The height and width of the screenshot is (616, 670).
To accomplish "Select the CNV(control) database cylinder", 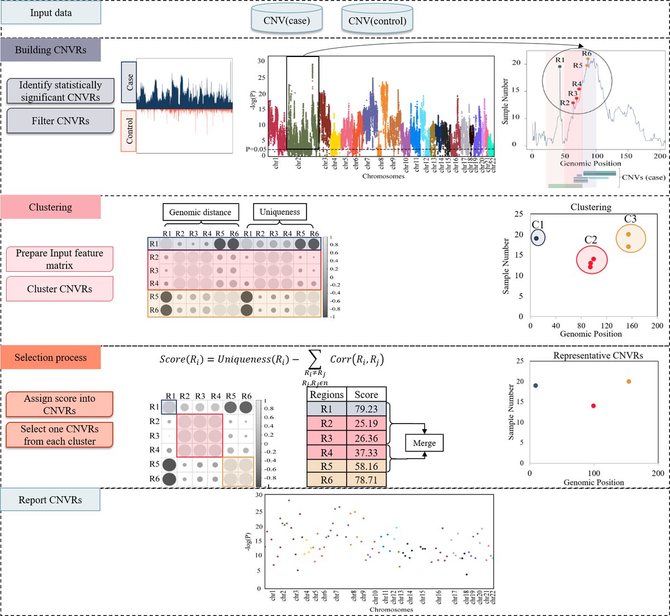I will (377, 19).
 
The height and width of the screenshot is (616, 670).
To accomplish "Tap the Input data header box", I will (51, 13).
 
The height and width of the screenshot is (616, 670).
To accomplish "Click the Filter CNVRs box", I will (60, 121).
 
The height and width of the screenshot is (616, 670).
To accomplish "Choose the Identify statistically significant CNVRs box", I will (60, 91).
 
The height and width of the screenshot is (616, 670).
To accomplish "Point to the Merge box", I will (424, 443).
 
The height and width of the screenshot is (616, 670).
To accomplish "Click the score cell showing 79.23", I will (366, 409).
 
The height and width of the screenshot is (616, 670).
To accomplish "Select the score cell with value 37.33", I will (366, 453).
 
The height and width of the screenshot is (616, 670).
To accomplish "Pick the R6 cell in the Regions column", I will (327, 480).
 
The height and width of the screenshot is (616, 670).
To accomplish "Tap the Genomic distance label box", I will (200, 212).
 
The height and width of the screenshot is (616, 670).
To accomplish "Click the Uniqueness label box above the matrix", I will (279, 212).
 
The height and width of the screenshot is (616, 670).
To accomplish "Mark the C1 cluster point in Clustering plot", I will (537, 238).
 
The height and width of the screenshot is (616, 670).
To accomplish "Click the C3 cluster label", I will (630, 219).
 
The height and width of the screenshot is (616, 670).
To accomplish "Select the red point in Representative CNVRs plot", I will (593, 406).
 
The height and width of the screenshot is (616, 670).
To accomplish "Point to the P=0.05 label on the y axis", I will (255, 150).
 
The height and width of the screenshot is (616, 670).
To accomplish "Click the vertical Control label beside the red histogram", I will (129, 131).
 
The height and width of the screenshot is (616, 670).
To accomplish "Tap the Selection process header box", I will (51, 358).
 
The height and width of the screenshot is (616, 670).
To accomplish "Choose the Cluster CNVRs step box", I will (60, 289).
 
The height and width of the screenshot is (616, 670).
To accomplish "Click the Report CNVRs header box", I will (50, 500).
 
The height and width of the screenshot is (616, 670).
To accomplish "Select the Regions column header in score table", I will (327, 394).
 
